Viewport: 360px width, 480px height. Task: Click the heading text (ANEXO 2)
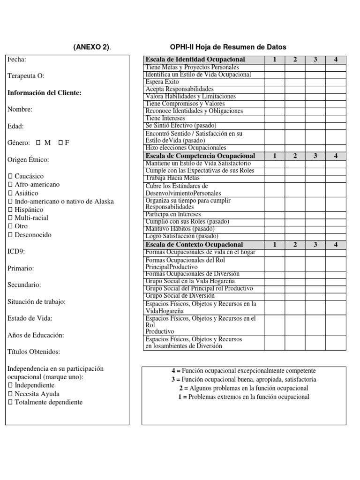(92, 47)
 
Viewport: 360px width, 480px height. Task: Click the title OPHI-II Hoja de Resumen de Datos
(228, 47)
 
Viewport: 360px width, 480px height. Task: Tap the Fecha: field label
(17, 60)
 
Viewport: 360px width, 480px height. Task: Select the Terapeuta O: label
(26, 76)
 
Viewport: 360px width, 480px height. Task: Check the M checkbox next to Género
(38, 143)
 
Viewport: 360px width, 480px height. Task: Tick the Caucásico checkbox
(10, 177)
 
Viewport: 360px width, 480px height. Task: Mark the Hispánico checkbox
(10, 210)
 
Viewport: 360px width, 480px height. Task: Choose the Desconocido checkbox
(10, 235)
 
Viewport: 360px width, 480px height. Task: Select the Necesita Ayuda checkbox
(10, 394)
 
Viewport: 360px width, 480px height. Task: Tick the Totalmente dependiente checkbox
(10, 402)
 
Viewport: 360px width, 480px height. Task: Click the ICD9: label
(16, 251)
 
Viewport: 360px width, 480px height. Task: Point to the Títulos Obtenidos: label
(34, 352)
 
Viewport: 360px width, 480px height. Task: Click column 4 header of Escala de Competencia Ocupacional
(336, 156)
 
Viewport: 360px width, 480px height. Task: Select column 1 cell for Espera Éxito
(274, 82)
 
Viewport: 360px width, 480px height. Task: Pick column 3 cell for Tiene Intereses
(315, 119)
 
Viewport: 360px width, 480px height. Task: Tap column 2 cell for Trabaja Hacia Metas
(295, 178)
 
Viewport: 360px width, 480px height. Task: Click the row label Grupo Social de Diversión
(180, 296)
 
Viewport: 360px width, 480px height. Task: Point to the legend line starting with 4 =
(244, 371)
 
